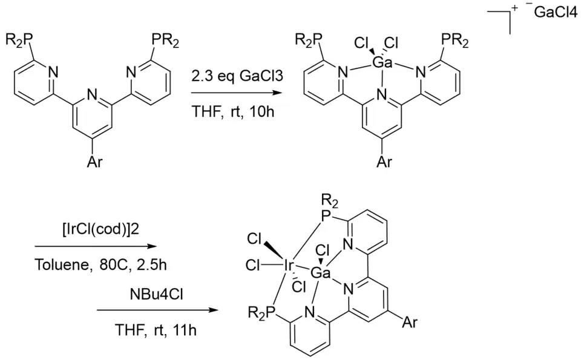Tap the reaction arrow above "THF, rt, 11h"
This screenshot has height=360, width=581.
point(157,310)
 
